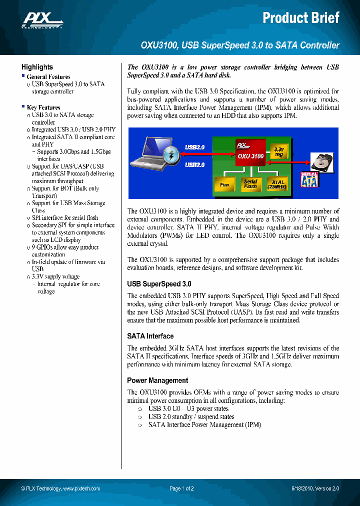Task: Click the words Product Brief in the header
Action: (301, 18)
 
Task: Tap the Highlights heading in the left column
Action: (37, 67)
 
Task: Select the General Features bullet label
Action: (48, 77)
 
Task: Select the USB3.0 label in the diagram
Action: (195, 147)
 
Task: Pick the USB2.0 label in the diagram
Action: (195, 164)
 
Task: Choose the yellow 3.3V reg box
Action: (278, 152)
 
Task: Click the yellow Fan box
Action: (224, 184)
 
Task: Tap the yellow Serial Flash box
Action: (250, 184)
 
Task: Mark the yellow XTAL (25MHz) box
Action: (278, 184)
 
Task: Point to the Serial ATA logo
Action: (309, 179)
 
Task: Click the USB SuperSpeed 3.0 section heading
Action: (159, 284)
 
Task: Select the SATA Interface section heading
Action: (150, 336)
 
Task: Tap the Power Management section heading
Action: (157, 380)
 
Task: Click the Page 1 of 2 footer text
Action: (181, 488)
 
